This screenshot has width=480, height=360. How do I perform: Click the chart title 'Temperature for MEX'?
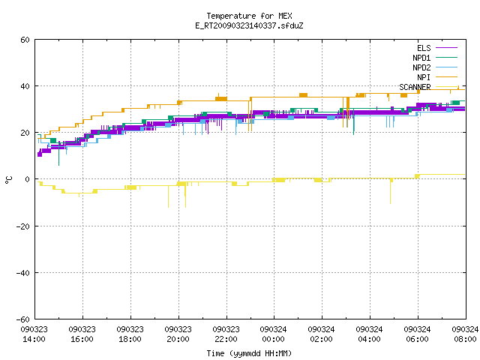[x=249, y=16]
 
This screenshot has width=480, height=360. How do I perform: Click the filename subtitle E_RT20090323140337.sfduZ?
[x=249, y=25]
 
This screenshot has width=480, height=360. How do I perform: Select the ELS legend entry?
[x=437, y=48]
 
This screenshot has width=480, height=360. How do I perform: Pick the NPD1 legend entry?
[x=435, y=58]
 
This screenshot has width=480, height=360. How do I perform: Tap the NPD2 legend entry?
[x=435, y=67]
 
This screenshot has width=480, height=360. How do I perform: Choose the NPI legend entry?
[x=437, y=77]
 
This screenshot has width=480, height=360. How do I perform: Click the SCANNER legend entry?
[x=428, y=87]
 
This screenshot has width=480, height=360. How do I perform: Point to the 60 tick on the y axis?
[x=25, y=40]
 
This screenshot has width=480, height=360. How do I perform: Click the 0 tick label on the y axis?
[x=28, y=179]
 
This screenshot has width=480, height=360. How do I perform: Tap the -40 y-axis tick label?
[x=23, y=272]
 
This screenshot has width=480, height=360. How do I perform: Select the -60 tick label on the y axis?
[x=23, y=319]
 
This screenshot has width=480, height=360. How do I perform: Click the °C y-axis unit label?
[x=8, y=179]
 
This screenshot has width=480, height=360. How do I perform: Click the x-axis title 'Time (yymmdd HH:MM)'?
[x=249, y=353]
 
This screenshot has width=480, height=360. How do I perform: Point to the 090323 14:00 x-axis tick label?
[x=34, y=334]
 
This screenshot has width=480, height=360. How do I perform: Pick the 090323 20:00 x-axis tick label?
[x=178, y=334]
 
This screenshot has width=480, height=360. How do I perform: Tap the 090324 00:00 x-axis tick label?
[x=273, y=334]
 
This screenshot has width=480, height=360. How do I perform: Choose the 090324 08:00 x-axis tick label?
[x=465, y=334]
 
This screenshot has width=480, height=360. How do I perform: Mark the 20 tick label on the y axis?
[x=25, y=133]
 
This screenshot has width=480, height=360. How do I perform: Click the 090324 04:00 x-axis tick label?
[x=370, y=334]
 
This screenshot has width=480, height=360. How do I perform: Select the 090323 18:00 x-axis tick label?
[x=130, y=334]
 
